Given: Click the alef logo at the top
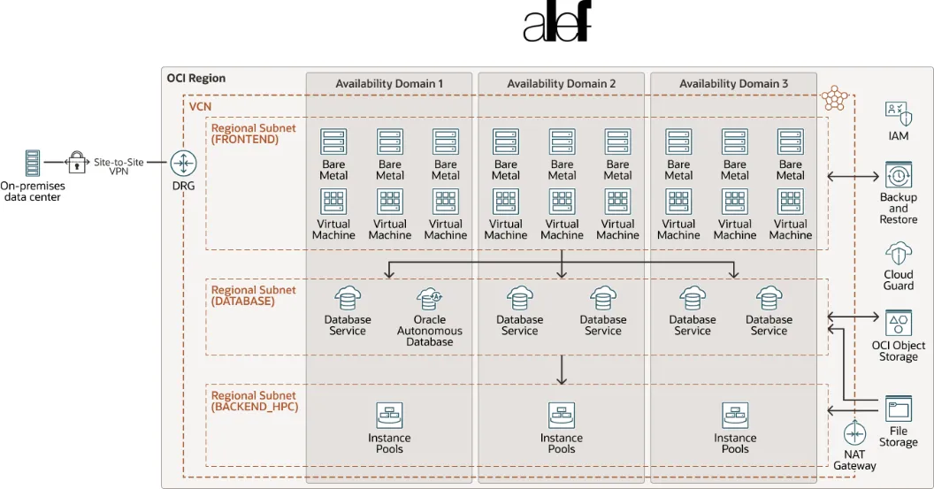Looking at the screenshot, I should click(555, 23).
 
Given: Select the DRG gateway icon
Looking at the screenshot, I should click(183, 163).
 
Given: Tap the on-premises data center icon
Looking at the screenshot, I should click(33, 164).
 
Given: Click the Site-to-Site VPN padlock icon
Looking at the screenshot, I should click(78, 163).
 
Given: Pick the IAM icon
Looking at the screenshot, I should click(898, 113).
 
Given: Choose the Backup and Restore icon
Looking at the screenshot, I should click(898, 174).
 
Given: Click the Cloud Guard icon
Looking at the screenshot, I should click(898, 253).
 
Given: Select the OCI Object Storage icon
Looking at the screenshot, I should click(898, 323).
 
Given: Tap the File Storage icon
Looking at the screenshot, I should click(898, 409).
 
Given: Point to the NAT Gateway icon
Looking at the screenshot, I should click(854, 434).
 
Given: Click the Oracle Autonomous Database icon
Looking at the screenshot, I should click(429, 298).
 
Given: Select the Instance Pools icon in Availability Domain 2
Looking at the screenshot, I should click(562, 415).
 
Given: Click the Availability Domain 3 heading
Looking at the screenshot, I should click(733, 84).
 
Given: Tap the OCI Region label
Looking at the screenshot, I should click(195, 79).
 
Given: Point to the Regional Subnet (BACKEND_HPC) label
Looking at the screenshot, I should click(254, 401).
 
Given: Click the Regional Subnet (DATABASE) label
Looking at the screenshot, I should click(254, 295).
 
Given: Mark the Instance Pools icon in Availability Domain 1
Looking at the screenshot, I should click(389, 415).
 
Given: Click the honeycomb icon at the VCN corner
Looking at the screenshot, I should click(833, 97).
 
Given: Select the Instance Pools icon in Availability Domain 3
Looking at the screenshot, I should click(735, 415).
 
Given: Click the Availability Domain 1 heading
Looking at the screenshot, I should click(389, 84).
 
